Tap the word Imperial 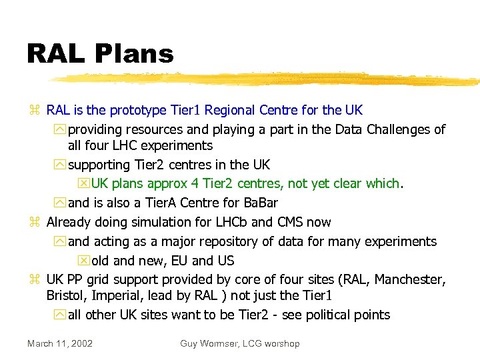point(117,295)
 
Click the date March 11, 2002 point(60,343)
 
